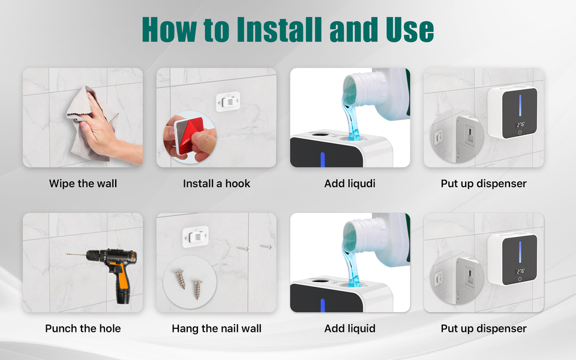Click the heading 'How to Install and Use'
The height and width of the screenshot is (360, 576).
click(x=287, y=29)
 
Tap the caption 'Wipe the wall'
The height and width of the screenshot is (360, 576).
click(x=83, y=184)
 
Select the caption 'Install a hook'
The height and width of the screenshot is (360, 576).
click(x=217, y=184)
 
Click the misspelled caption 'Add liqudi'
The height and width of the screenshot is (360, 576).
click(x=350, y=184)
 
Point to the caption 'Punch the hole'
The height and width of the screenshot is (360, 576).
click(x=83, y=328)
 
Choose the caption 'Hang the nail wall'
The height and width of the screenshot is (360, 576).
click(x=217, y=328)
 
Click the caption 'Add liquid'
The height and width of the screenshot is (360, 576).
click(x=350, y=328)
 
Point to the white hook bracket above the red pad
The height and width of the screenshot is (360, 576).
click(x=228, y=101)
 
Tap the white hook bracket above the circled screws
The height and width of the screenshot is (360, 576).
click(x=196, y=236)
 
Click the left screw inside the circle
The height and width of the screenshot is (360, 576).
click(x=181, y=279)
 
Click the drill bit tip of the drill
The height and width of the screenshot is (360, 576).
click(x=67, y=254)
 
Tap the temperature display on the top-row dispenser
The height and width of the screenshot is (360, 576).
click(x=521, y=125)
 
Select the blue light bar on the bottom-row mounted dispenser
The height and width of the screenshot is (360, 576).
click(x=520, y=252)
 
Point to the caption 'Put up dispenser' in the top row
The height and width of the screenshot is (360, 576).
click(x=484, y=184)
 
